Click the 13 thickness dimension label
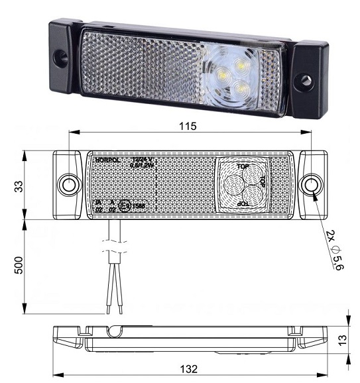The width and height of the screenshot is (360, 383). pyautogui.click(x=342, y=340)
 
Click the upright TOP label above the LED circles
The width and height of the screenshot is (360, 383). pyautogui.click(x=243, y=167)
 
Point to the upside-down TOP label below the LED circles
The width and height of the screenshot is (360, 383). pyautogui.click(x=243, y=205)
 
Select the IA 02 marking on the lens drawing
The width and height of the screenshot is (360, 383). pyautogui.click(x=98, y=205)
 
